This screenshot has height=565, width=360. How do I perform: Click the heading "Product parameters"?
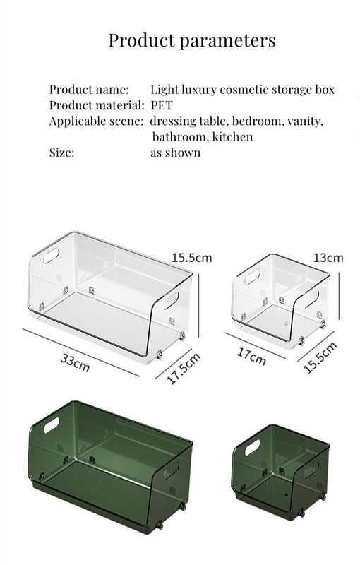192,40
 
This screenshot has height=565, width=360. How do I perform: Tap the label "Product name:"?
89,89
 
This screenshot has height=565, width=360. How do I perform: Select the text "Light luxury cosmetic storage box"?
242,90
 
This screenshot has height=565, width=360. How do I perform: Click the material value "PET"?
162,105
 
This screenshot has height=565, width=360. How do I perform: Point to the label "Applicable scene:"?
97,121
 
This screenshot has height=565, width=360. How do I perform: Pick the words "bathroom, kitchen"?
203,137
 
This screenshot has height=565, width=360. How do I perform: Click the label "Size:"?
61,153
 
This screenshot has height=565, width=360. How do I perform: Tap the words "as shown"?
175,153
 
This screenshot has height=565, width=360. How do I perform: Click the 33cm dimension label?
75,362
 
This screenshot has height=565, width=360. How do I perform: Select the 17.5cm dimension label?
184,369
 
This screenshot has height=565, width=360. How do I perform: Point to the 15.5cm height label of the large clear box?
192,258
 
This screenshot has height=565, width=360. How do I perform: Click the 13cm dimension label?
328,258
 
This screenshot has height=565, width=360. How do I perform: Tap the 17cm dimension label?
251,357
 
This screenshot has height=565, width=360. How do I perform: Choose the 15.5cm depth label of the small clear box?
320,357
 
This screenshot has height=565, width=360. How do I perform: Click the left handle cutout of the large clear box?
51,255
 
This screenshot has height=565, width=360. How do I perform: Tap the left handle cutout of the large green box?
52,425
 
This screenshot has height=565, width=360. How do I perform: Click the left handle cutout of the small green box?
252,447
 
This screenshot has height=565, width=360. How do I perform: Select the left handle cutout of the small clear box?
253,276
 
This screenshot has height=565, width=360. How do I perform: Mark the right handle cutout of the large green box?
172,470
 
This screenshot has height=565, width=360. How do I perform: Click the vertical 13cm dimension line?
339,296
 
